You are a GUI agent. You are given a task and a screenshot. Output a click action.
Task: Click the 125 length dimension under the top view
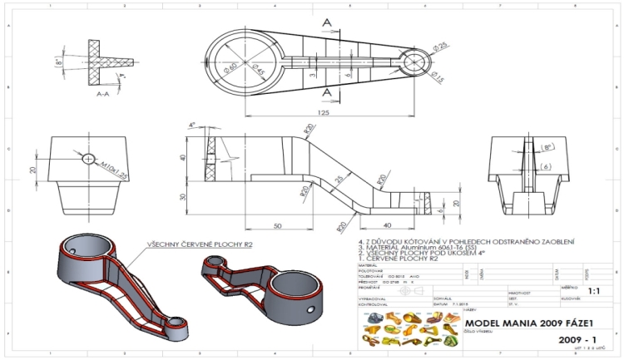[323, 111]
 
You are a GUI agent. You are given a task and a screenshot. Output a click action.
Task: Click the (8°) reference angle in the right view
[547, 146]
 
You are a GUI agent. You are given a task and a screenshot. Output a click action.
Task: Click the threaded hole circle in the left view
[88, 158]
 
